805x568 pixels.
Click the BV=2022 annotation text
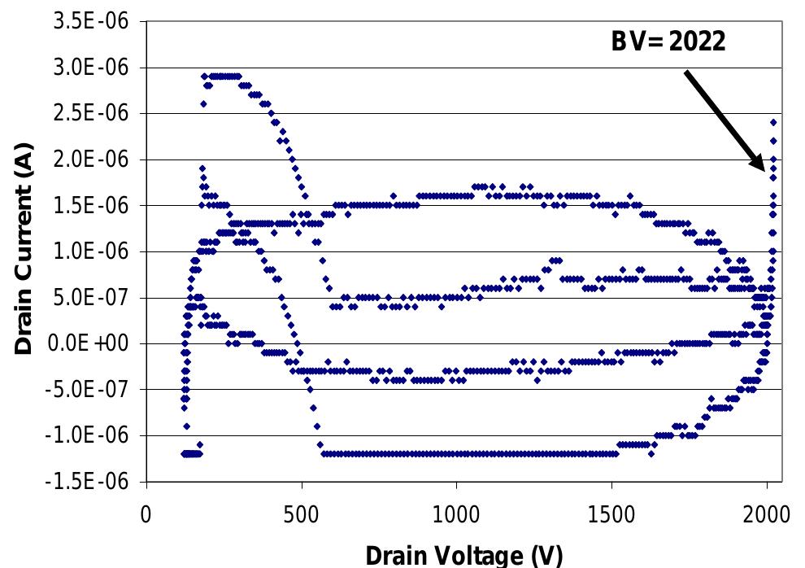[x=668, y=42]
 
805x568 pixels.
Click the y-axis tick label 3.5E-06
[x=90, y=22]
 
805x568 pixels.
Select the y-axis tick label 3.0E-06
[x=90, y=68]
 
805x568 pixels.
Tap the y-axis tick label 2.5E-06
[x=90, y=114]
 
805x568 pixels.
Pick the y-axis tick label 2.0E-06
[x=90, y=159]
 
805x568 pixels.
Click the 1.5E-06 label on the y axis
[x=90, y=206]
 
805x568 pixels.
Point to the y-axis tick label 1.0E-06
[x=90, y=251]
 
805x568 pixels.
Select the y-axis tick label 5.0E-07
[x=90, y=298]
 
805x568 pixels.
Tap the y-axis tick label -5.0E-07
[x=88, y=389]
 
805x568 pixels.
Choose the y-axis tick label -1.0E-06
[x=88, y=435]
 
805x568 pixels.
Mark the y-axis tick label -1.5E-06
[x=88, y=481]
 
